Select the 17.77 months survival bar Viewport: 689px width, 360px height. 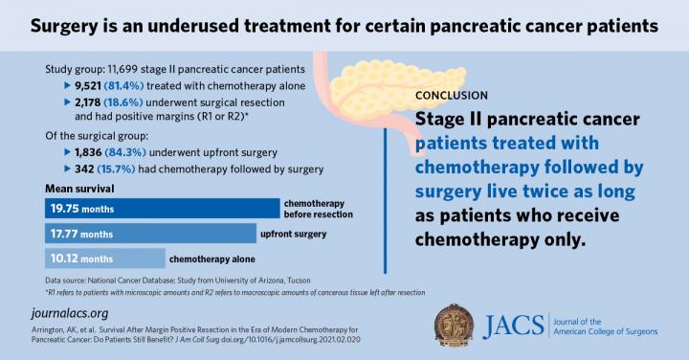pyautogui.click(x=148, y=234)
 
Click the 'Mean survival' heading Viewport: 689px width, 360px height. pyautogui.click(x=78, y=188)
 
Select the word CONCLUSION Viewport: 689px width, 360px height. pyautogui.click(x=453, y=97)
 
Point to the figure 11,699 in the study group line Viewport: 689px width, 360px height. pyautogui.click(x=127, y=70)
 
